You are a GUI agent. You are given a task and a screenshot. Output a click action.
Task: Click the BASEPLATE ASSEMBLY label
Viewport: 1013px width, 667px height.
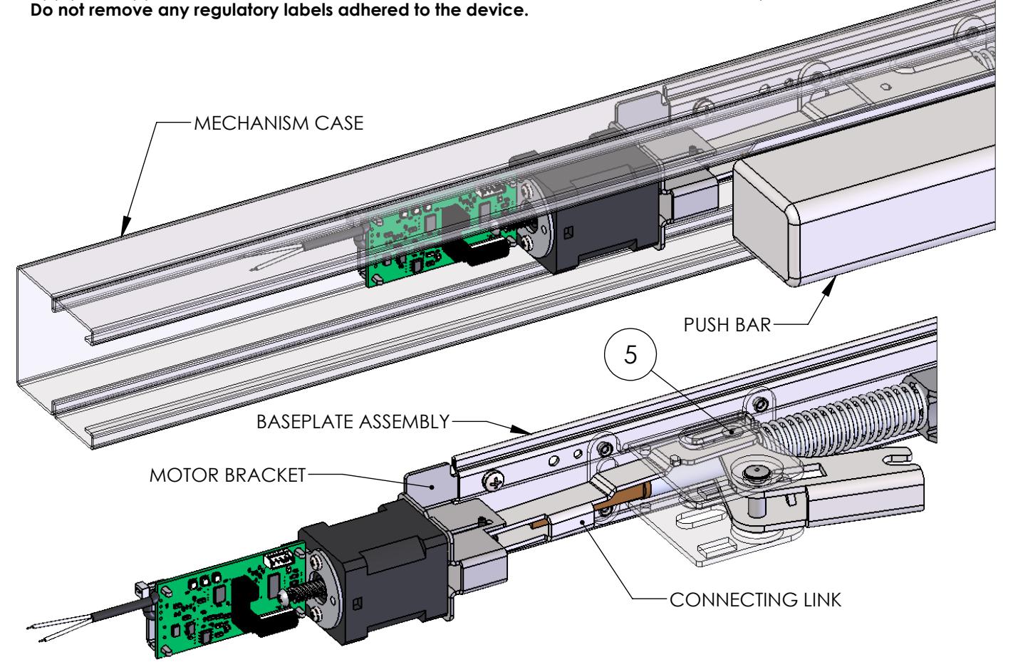coord(353,422)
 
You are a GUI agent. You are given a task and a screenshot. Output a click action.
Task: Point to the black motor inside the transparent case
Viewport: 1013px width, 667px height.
coord(591,221)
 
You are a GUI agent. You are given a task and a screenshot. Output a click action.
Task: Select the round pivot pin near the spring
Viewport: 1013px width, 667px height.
coord(753,473)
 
